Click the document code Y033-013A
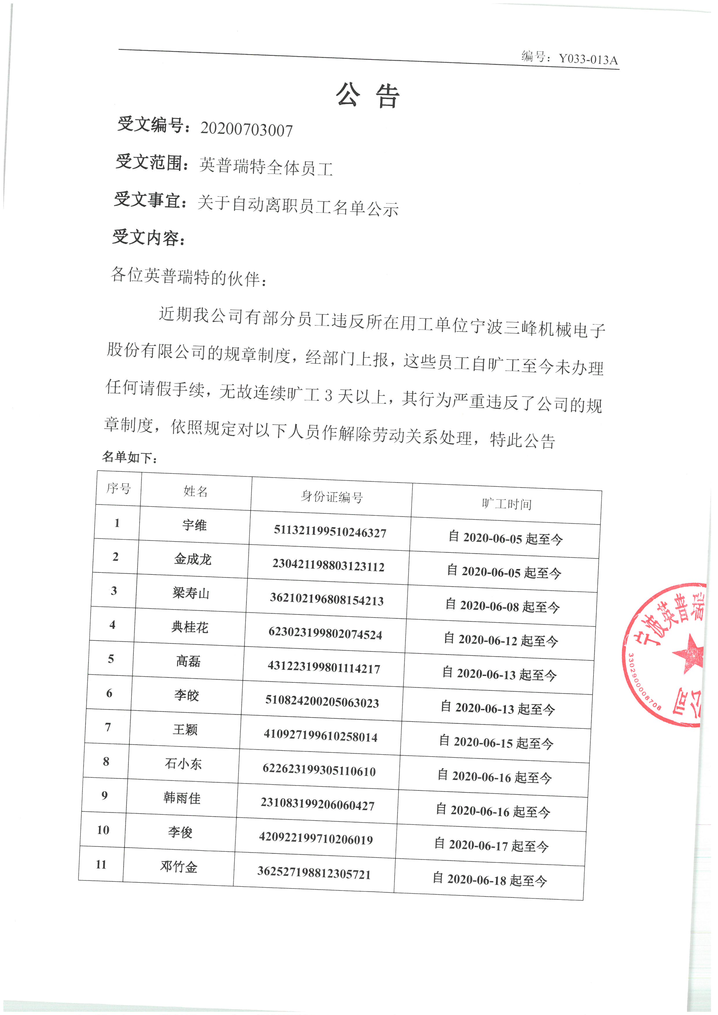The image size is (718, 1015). tap(588, 59)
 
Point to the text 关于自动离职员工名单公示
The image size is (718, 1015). tap(298, 206)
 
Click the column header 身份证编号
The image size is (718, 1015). tap(331, 497)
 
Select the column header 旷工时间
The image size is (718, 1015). tap(507, 504)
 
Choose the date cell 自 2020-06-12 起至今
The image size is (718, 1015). tap(501, 640)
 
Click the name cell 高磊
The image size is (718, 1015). tap(188, 661)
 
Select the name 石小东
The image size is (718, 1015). tap(183, 763)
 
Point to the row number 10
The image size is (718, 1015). tap(103, 830)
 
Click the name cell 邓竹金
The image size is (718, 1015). tap(179, 867)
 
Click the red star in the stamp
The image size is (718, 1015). tap(688, 654)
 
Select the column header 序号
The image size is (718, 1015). tap(118, 489)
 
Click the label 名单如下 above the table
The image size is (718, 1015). tap(129, 457)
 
